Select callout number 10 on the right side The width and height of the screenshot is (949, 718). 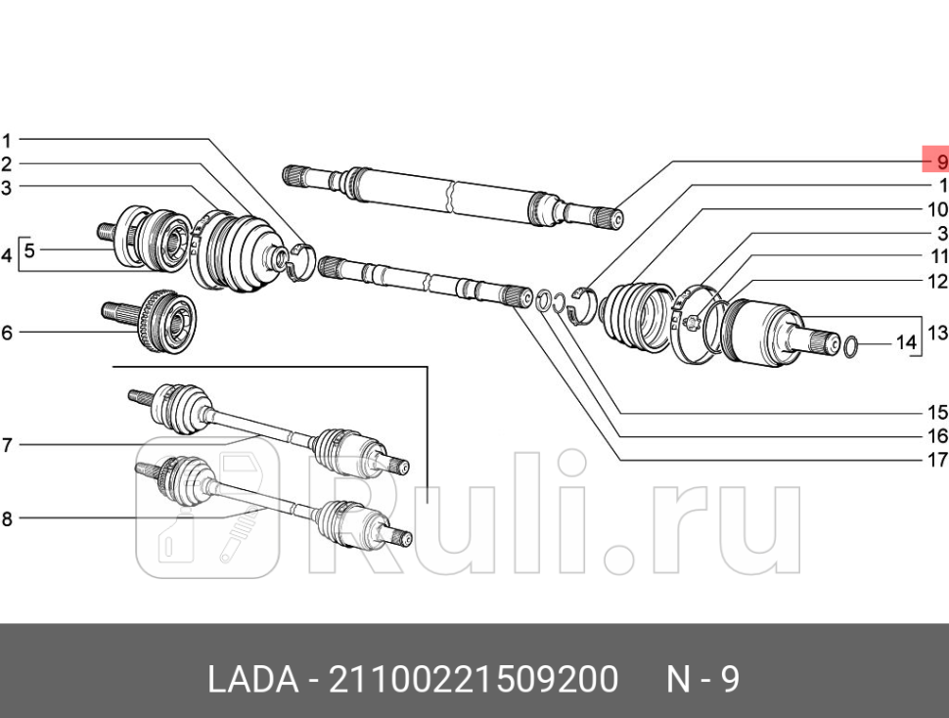tap(937, 209)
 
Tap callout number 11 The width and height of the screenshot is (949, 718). tap(939, 257)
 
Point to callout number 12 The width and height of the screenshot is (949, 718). tap(937, 282)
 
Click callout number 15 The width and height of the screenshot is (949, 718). tap(937, 412)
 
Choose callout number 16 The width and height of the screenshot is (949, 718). tap(937, 436)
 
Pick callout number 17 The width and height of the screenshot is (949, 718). tap(937, 460)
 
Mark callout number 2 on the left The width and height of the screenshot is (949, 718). tap(7, 163)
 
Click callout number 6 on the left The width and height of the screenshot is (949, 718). tap(7, 333)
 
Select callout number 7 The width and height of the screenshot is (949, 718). tap(7, 445)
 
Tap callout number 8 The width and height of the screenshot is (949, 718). tap(7, 519)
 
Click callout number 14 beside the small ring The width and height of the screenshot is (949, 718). tap(907, 343)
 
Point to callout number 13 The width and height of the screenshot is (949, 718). tap(937, 333)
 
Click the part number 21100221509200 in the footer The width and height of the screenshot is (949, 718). tap(474, 679)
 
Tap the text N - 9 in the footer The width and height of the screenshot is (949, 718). tap(702, 679)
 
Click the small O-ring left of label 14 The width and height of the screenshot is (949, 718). tap(849, 344)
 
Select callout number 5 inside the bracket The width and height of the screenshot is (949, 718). tap(29, 250)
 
